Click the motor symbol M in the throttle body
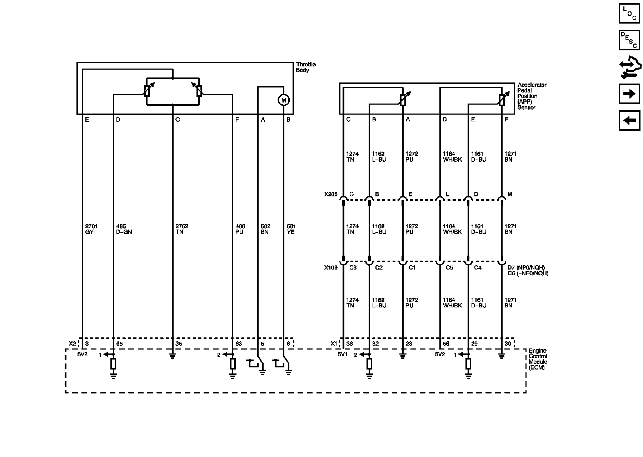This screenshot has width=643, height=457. (x=284, y=100)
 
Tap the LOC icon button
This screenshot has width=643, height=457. (x=629, y=14)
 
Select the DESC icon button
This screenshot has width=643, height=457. (x=629, y=40)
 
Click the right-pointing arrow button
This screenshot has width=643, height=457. (x=629, y=94)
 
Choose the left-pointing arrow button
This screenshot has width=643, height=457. (x=629, y=120)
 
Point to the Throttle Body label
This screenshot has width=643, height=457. (x=306, y=67)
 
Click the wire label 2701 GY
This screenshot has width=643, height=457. (x=91, y=229)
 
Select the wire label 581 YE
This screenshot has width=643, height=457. (x=291, y=229)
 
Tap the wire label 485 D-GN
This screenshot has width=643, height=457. (x=124, y=229)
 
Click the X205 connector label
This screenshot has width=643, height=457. (x=330, y=195)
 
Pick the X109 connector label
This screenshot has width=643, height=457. (x=330, y=267)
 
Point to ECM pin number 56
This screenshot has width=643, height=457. (x=446, y=344)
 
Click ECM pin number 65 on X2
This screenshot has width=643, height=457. (x=120, y=344)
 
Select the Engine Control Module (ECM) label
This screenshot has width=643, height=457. (x=538, y=359)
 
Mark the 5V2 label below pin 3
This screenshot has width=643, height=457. (x=83, y=355)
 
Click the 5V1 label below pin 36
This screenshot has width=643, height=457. (x=343, y=355)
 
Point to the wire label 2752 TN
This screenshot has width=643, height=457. (x=182, y=229)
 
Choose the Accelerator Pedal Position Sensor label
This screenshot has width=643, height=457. (x=532, y=96)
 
